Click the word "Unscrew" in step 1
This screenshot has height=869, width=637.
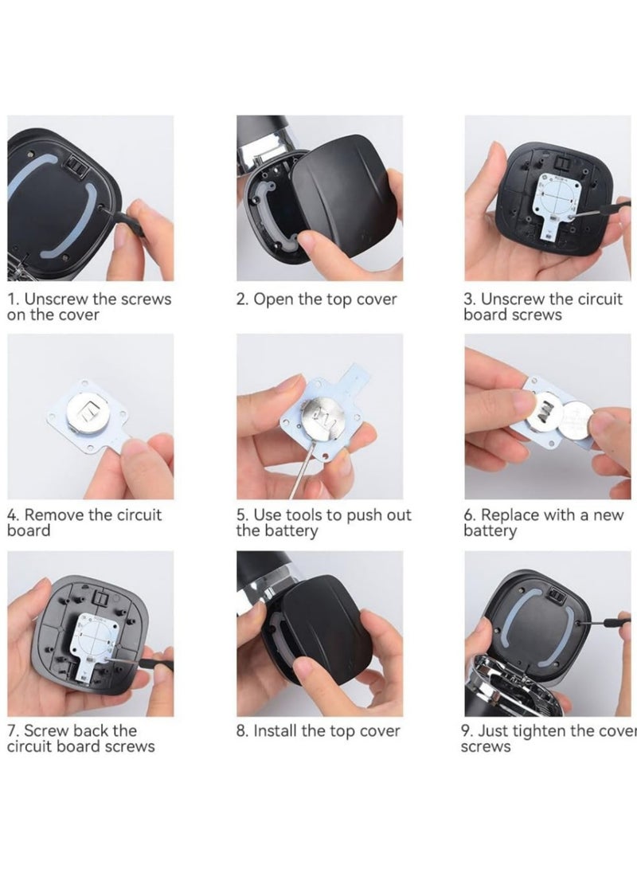(x=57, y=299)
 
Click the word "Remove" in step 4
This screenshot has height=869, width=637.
(x=54, y=515)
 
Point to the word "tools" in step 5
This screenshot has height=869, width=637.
(x=306, y=515)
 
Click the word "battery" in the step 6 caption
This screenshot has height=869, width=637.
(x=490, y=531)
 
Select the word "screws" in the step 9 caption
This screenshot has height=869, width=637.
(x=485, y=746)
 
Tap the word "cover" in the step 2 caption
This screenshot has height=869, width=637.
(x=377, y=299)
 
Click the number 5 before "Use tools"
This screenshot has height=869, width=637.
(x=241, y=515)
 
